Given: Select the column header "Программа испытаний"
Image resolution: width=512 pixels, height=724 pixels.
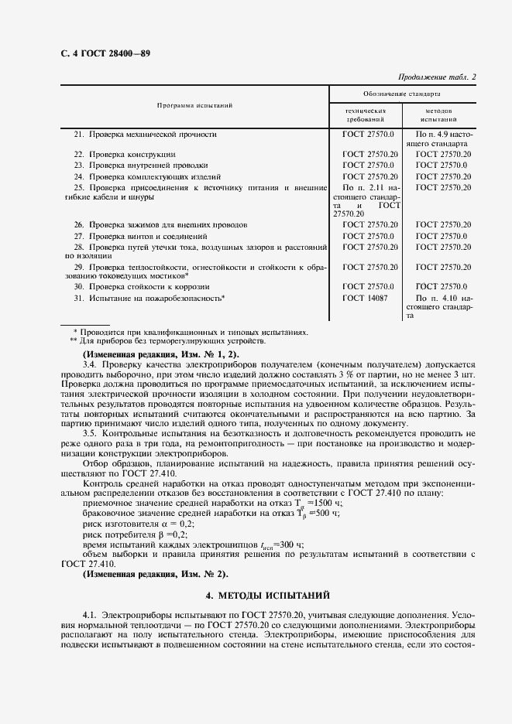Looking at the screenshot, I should [195, 105].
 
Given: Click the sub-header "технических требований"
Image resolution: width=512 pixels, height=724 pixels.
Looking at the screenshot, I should [366, 116].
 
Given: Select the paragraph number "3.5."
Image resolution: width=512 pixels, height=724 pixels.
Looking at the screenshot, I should [91, 433].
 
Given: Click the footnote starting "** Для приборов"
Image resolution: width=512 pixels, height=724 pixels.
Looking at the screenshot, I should [168, 341].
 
